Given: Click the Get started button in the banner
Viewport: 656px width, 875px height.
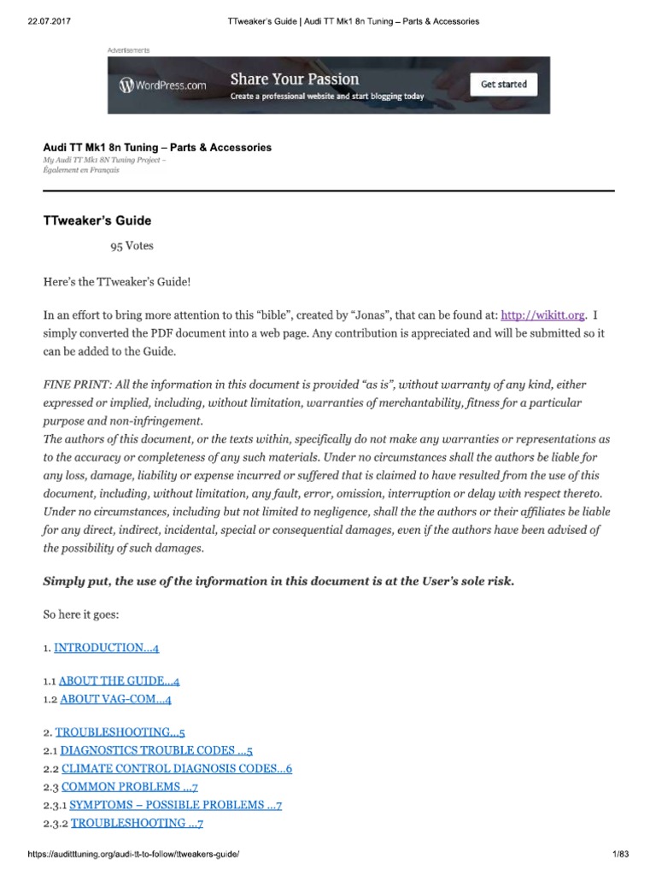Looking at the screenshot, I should point(503,85).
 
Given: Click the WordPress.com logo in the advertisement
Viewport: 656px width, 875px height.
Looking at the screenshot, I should point(164,85).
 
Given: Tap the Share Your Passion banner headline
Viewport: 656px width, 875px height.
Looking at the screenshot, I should point(295,79).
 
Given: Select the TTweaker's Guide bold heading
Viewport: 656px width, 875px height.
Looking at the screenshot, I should point(97,220).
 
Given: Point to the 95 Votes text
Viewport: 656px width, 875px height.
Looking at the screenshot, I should point(132,245).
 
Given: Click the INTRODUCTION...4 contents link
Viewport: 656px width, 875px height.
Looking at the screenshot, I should point(107,648).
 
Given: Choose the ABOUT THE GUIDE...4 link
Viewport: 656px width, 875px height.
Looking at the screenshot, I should point(119,681).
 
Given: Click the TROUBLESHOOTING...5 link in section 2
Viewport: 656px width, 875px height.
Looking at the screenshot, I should point(120,732).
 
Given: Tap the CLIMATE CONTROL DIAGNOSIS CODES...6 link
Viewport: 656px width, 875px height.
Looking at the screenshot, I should point(177,768).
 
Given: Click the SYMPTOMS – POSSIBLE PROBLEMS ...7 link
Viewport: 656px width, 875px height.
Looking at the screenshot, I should point(175,805).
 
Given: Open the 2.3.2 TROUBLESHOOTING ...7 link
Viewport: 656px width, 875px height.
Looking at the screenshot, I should point(137,823).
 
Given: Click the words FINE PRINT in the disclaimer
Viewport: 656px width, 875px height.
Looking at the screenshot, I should point(73,385).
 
